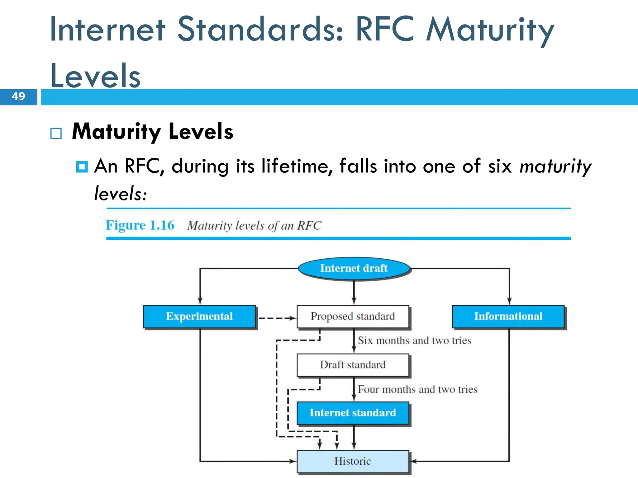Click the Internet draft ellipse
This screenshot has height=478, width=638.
click(354, 268)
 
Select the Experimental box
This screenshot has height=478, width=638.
click(199, 316)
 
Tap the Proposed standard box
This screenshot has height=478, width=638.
click(353, 316)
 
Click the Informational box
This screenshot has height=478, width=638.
click(508, 316)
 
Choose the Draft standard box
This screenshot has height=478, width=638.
click(353, 365)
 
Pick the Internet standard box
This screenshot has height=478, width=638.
click(353, 413)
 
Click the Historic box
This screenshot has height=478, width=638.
click(353, 461)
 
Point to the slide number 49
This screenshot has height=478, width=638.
click(18, 96)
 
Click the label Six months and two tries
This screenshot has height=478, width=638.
click(414, 340)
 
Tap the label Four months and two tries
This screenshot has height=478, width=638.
click(417, 389)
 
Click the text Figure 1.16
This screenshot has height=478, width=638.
click(140, 225)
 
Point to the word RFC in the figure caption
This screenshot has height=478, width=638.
click(309, 226)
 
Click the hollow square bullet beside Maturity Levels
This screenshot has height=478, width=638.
click(56, 134)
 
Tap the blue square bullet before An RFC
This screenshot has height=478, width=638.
click(82, 167)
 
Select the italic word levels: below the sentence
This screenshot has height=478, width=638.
click(120, 194)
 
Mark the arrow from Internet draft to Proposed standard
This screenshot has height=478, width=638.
click(354, 293)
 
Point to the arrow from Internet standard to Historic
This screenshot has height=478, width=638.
click(354, 437)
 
